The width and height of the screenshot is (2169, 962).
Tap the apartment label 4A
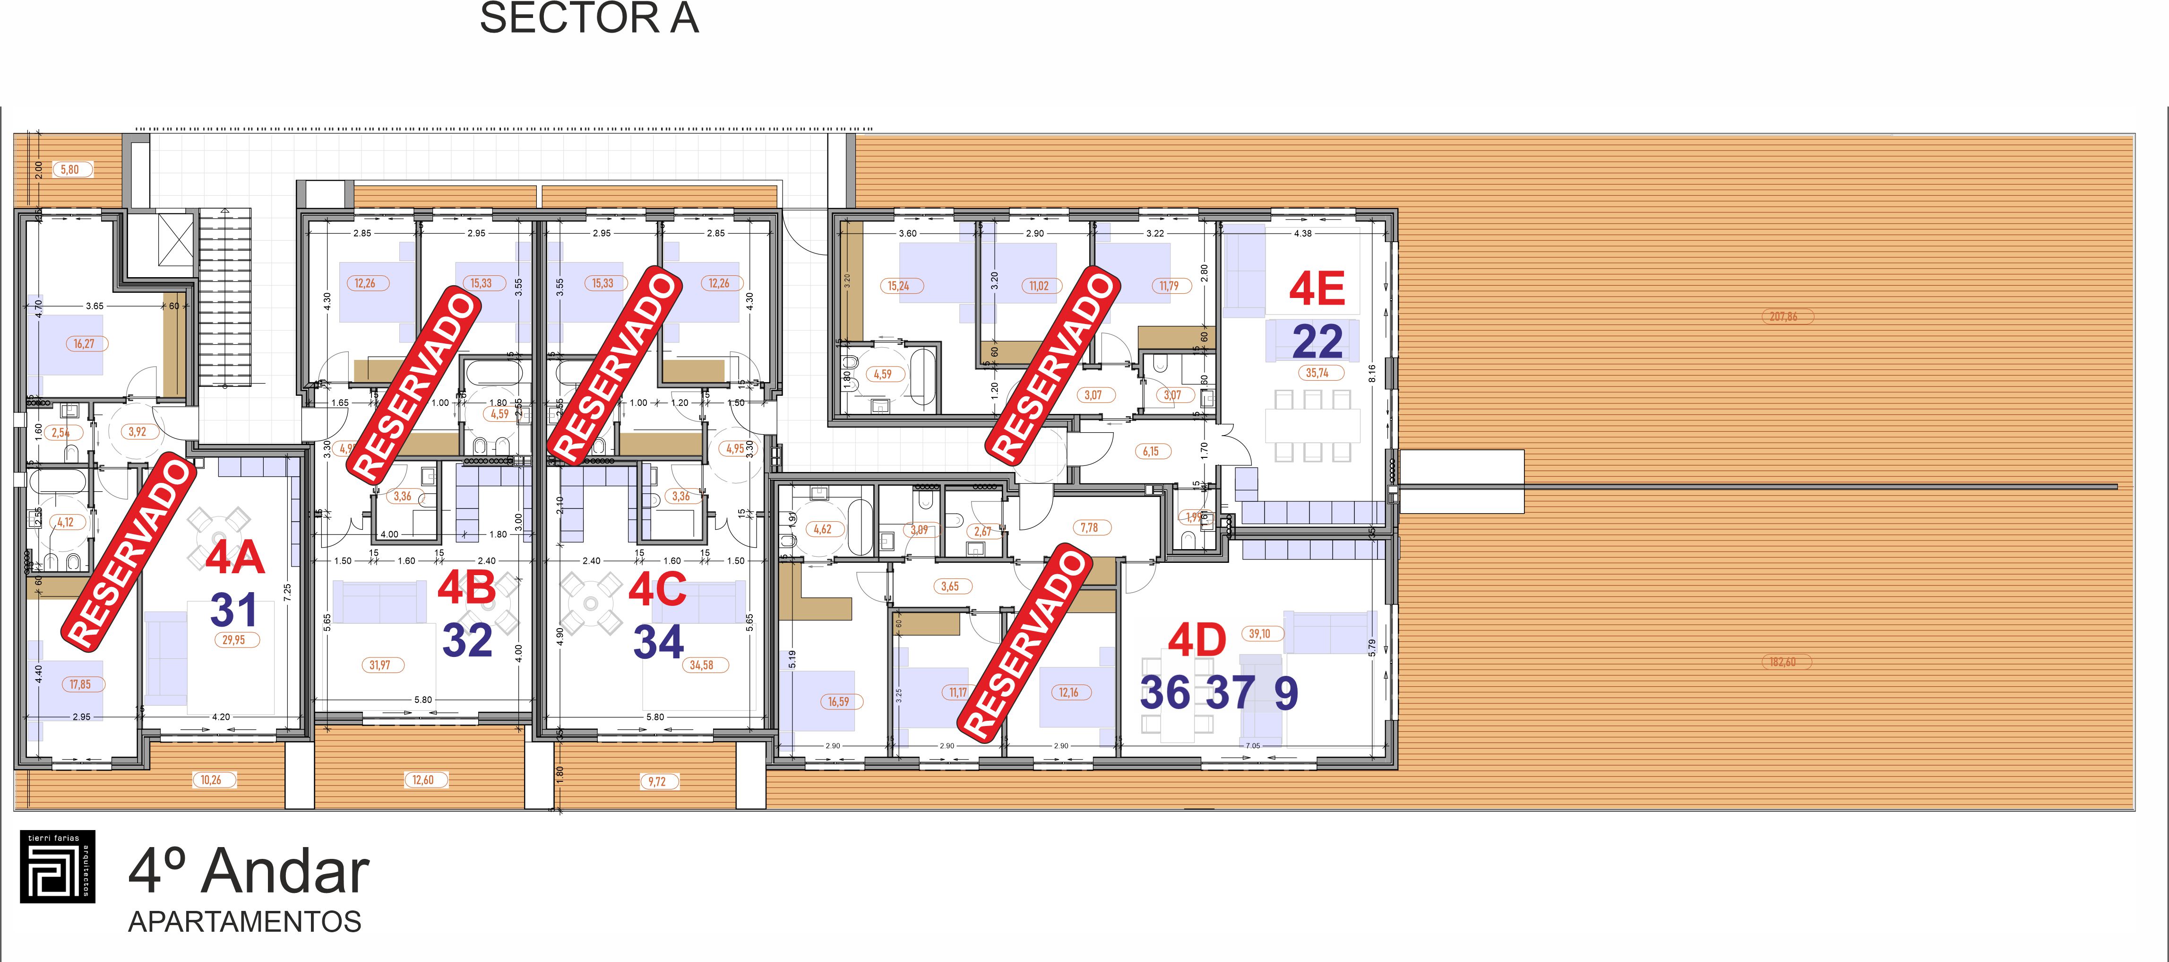(235, 559)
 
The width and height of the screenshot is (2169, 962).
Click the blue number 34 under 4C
(658, 642)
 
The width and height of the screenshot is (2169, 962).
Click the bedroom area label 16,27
(83, 344)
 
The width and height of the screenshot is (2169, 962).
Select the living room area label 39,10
(1260, 633)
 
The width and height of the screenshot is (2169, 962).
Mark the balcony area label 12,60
(422, 780)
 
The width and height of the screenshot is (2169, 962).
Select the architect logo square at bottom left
(57, 866)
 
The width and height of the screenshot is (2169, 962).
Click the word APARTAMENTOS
(244, 922)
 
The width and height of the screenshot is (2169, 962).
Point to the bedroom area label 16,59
(838, 702)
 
